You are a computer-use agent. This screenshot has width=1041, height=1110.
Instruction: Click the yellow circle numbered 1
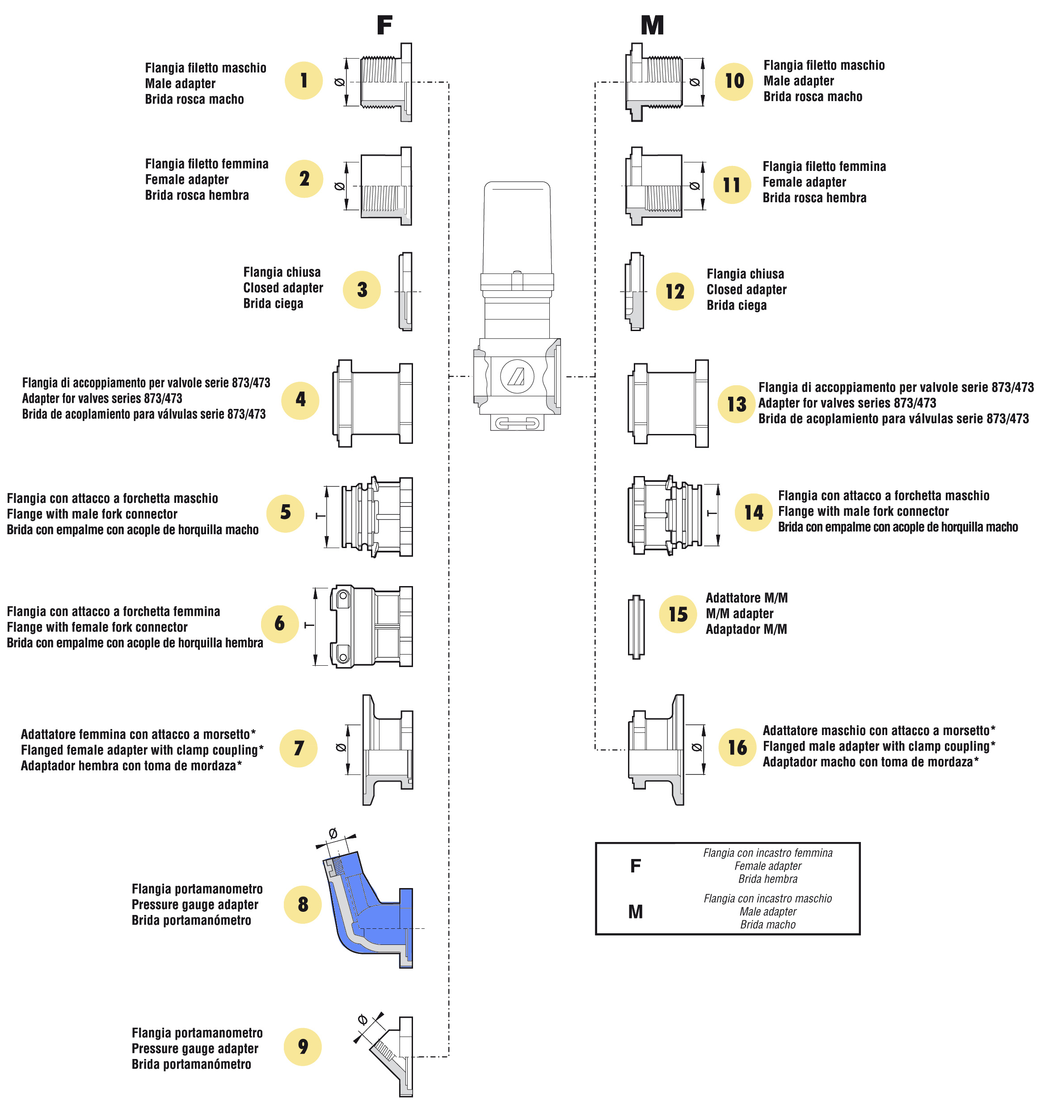click(303, 81)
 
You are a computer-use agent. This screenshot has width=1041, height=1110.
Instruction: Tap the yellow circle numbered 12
click(674, 291)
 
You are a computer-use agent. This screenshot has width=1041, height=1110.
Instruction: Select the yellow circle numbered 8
click(302, 904)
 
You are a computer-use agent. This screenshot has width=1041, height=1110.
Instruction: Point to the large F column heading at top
click(384, 25)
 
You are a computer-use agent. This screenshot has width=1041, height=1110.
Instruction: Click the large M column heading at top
click(652, 25)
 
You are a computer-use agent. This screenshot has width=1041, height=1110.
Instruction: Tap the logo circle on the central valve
click(517, 376)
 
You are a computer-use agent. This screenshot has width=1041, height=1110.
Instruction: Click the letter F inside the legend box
click(636, 866)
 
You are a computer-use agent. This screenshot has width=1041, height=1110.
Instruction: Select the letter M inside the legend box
click(636, 912)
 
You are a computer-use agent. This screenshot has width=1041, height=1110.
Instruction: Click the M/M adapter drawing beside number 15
click(636, 626)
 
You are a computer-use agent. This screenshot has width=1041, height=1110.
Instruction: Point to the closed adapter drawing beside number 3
click(405, 291)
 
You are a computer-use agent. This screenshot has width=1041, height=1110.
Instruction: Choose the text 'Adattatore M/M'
click(746, 598)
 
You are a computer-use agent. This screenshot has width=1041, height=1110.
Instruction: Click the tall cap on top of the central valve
click(517, 229)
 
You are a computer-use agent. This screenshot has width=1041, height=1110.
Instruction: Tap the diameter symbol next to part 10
click(695, 82)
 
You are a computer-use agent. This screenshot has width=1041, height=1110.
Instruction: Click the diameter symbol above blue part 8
click(333, 834)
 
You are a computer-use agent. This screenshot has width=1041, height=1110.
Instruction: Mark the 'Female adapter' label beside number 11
click(804, 182)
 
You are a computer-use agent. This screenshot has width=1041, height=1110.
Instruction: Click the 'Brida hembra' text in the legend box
click(767, 879)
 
